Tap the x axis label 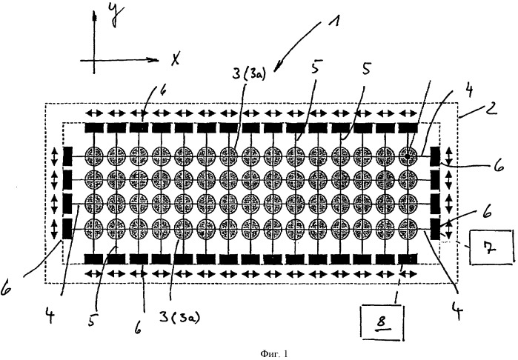[175, 59]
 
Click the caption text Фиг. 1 [274, 354]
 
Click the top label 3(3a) [248, 73]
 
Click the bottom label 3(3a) [180, 317]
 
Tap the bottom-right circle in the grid [408, 228]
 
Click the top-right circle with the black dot [408, 156]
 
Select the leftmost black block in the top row [94, 127]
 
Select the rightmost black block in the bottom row [408, 259]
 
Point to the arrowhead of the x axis [157, 60]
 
